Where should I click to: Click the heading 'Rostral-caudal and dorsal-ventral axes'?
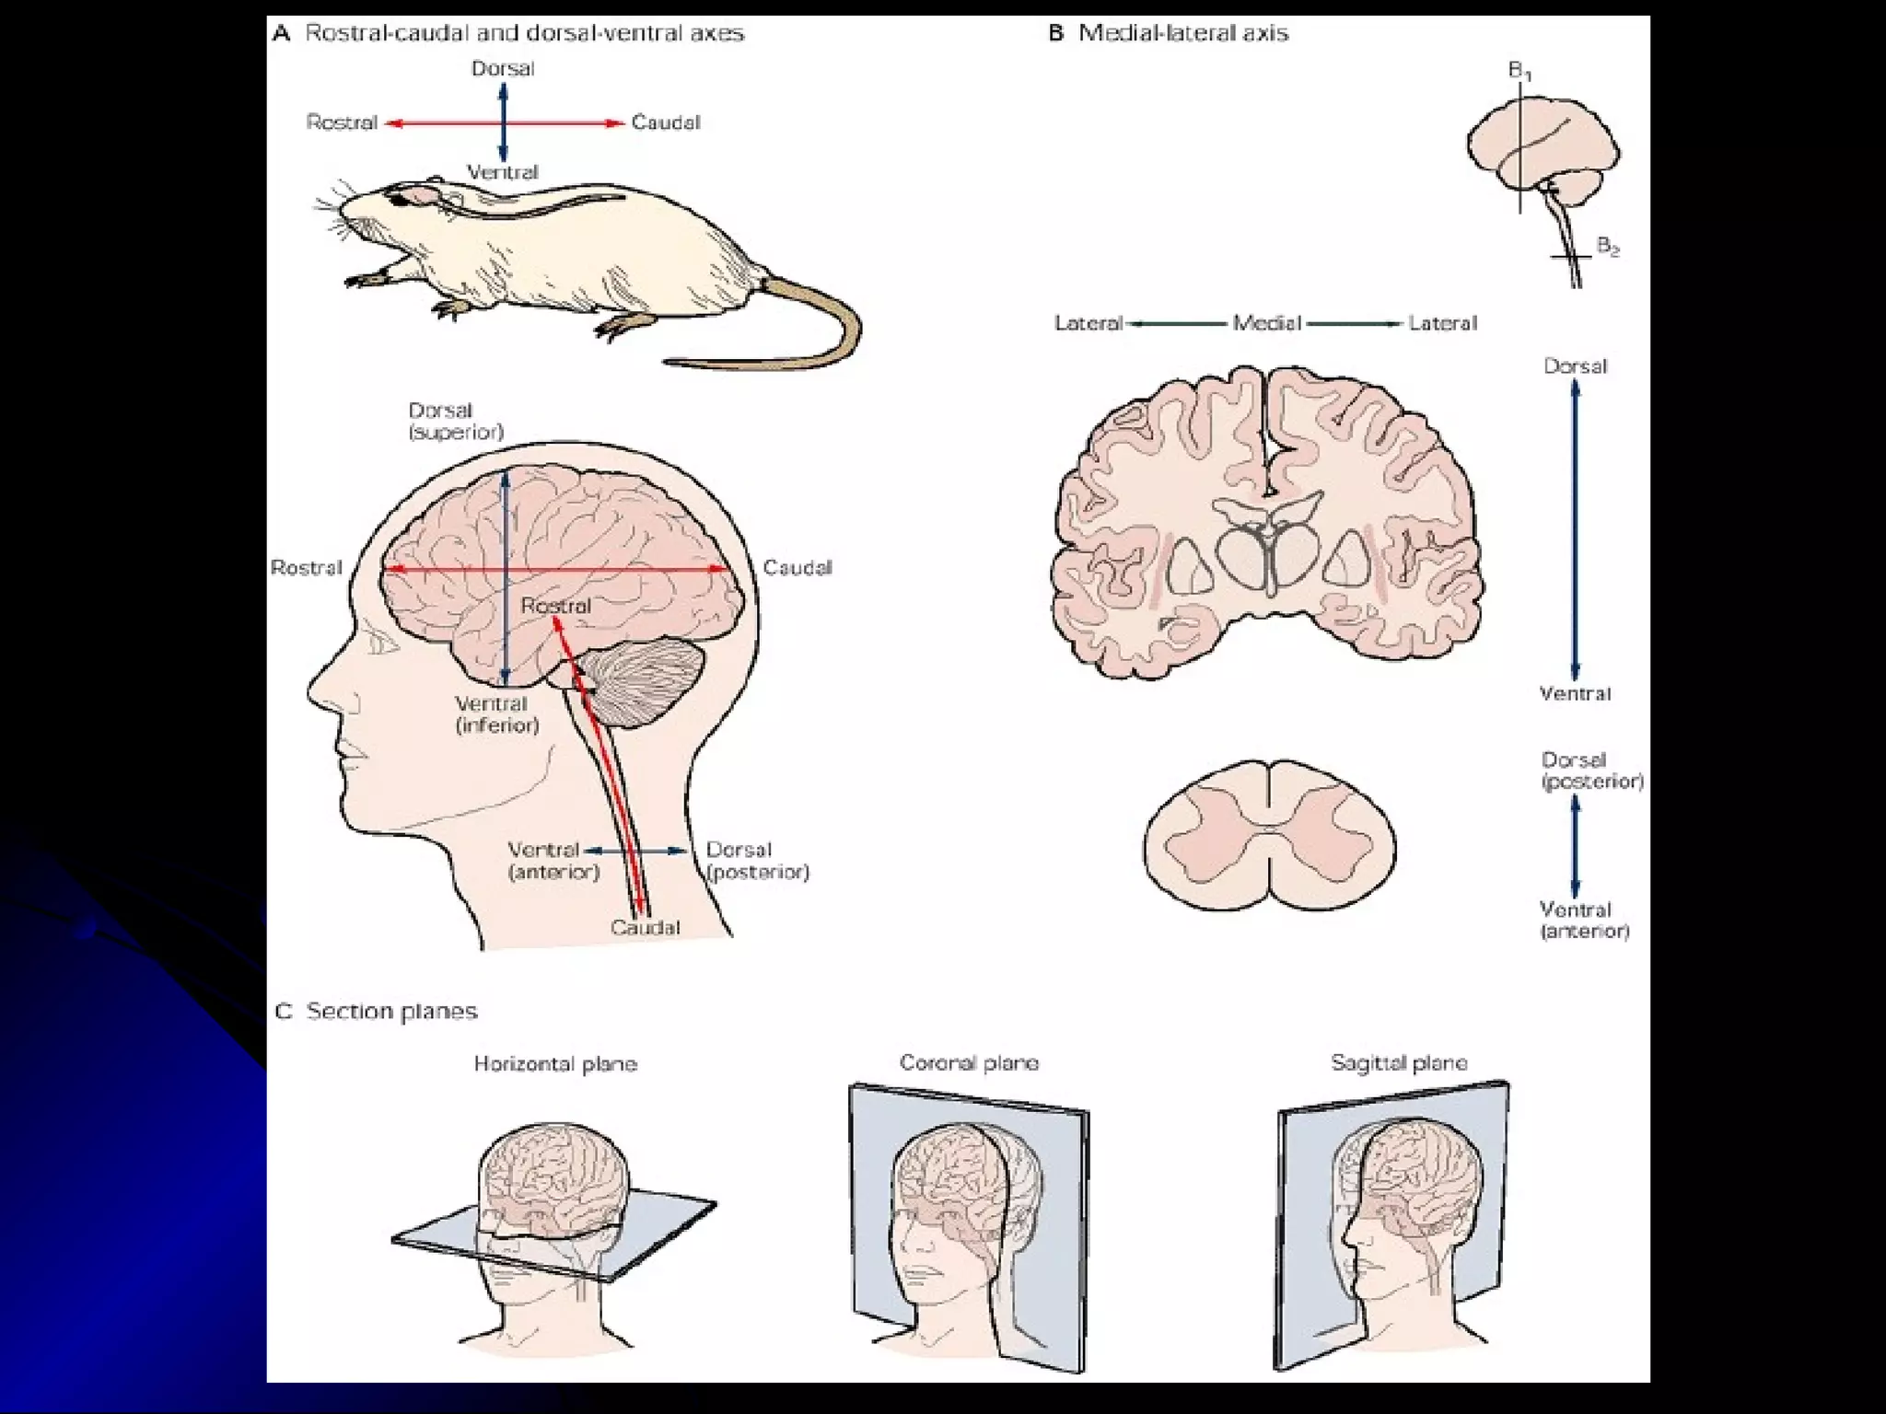[523, 34]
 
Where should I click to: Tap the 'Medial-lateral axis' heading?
[1182, 34]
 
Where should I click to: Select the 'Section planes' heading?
[391, 1012]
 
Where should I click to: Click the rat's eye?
[398, 199]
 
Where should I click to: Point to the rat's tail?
[810, 331]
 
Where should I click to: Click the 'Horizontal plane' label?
[555, 1064]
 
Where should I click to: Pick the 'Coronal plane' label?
[969, 1063]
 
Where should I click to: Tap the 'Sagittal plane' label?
[1399, 1063]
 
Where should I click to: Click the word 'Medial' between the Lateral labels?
[1267, 323]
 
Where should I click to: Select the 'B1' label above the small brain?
[1519, 71]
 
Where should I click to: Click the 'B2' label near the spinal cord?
[1608, 247]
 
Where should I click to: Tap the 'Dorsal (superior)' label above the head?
[456, 421]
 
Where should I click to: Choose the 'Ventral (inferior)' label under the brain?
[496, 714]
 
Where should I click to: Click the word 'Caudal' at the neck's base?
[645, 927]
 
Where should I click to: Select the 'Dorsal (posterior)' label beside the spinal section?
[1591, 771]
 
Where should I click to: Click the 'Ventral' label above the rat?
[502, 172]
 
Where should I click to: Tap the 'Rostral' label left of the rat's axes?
[342, 122]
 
